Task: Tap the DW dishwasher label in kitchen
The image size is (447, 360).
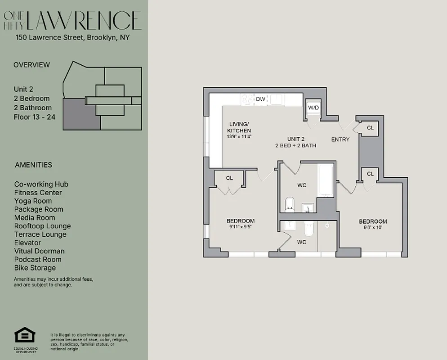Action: (x=260, y=99)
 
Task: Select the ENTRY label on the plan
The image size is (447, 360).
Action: (x=340, y=139)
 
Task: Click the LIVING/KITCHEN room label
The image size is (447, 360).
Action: (x=238, y=127)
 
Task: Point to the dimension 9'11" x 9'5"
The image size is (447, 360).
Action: (x=240, y=227)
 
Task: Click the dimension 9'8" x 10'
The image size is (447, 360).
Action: (x=372, y=228)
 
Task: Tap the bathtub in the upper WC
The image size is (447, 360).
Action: (x=325, y=181)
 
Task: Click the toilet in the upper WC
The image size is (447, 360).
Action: (x=290, y=205)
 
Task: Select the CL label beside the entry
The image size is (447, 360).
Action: (x=370, y=128)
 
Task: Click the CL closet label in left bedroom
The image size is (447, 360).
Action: (x=229, y=178)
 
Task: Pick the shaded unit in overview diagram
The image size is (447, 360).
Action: (x=81, y=115)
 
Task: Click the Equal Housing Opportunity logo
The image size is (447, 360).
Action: (x=25, y=335)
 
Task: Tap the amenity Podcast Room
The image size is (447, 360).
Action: (x=38, y=259)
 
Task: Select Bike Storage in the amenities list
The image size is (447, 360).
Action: (x=35, y=268)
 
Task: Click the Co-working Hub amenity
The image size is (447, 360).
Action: (x=41, y=184)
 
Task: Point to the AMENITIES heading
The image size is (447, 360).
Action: (x=33, y=165)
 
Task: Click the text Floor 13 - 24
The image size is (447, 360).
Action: (x=35, y=117)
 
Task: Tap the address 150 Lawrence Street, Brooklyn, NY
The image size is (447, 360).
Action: (x=72, y=37)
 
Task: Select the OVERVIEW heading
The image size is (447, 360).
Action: (x=31, y=65)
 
